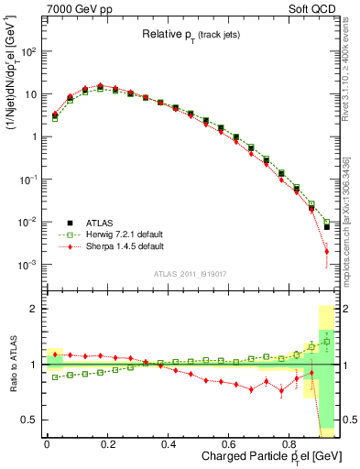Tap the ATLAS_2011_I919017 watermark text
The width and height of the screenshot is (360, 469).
tap(188, 272)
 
